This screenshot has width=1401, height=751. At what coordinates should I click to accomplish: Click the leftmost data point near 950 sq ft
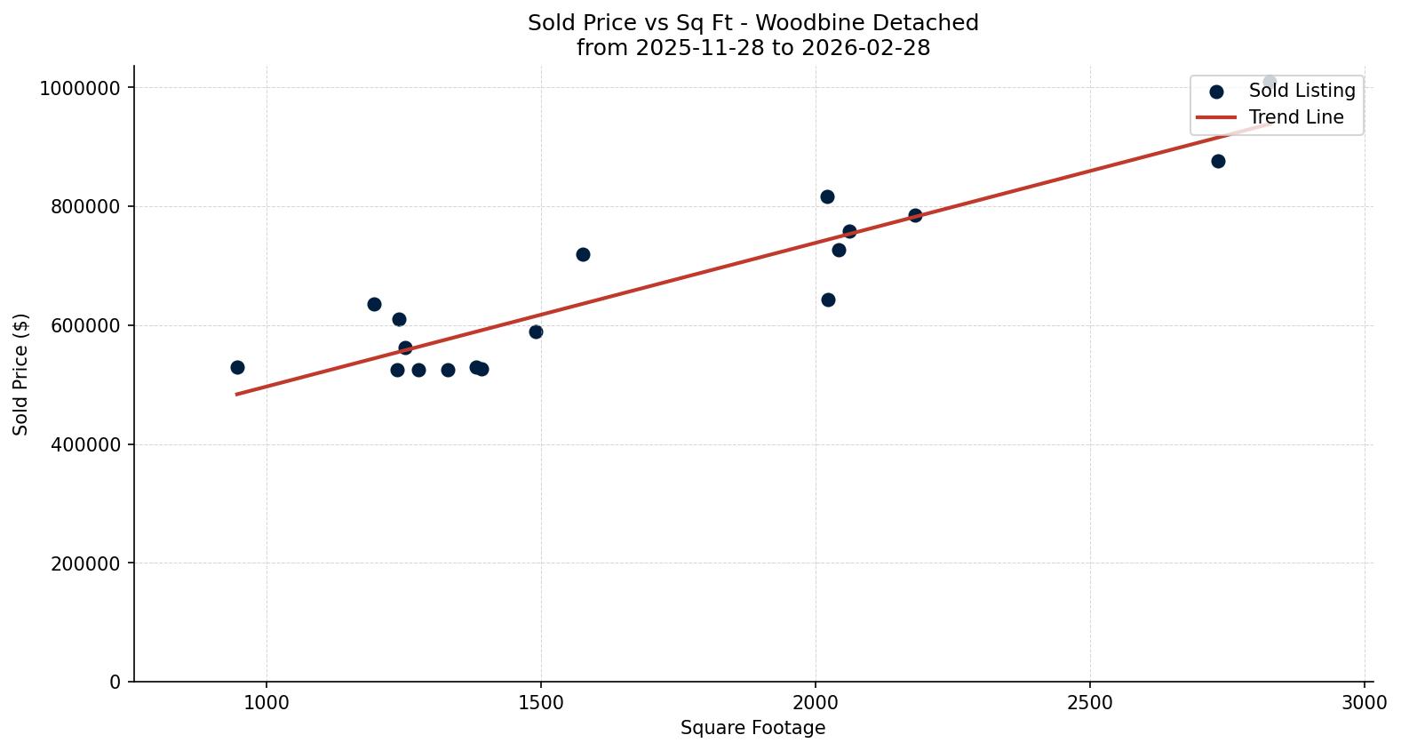pyautogui.click(x=237, y=367)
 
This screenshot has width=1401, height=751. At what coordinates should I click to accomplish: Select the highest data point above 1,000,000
pyautogui.click(x=1270, y=82)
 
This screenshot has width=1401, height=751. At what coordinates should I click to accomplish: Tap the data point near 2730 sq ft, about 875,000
pyautogui.click(x=1218, y=161)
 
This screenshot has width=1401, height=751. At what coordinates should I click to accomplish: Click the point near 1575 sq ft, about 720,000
pyautogui.click(x=583, y=254)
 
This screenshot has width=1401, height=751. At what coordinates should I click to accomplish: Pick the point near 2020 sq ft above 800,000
pyautogui.click(x=827, y=196)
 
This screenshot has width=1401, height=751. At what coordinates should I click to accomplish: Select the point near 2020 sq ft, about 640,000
pyautogui.click(x=828, y=300)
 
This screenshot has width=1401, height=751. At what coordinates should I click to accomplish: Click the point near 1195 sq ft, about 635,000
pyautogui.click(x=374, y=304)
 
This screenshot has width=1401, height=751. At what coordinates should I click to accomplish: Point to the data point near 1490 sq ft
pyautogui.click(x=536, y=332)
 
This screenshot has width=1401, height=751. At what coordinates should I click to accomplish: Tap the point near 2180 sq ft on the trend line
pyautogui.click(x=915, y=215)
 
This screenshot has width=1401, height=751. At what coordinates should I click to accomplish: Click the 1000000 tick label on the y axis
pyautogui.click(x=80, y=88)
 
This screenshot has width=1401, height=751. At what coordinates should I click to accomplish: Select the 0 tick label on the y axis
pyautogui.click(x=115, y=683)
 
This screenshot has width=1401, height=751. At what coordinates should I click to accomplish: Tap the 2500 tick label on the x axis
pyautogui.click(x=1090, y=702)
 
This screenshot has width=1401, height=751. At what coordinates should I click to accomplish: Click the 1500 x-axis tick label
pyautogui.click(x=541, y=702)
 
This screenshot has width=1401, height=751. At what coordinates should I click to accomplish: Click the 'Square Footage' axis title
pyautogui.click(x=752, y=729)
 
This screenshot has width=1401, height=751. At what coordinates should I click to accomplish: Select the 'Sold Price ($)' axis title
pyautogui.click(x=21, y=374)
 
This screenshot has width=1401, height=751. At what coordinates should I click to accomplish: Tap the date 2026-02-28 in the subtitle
pyautogui.click(x=865, y=48)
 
